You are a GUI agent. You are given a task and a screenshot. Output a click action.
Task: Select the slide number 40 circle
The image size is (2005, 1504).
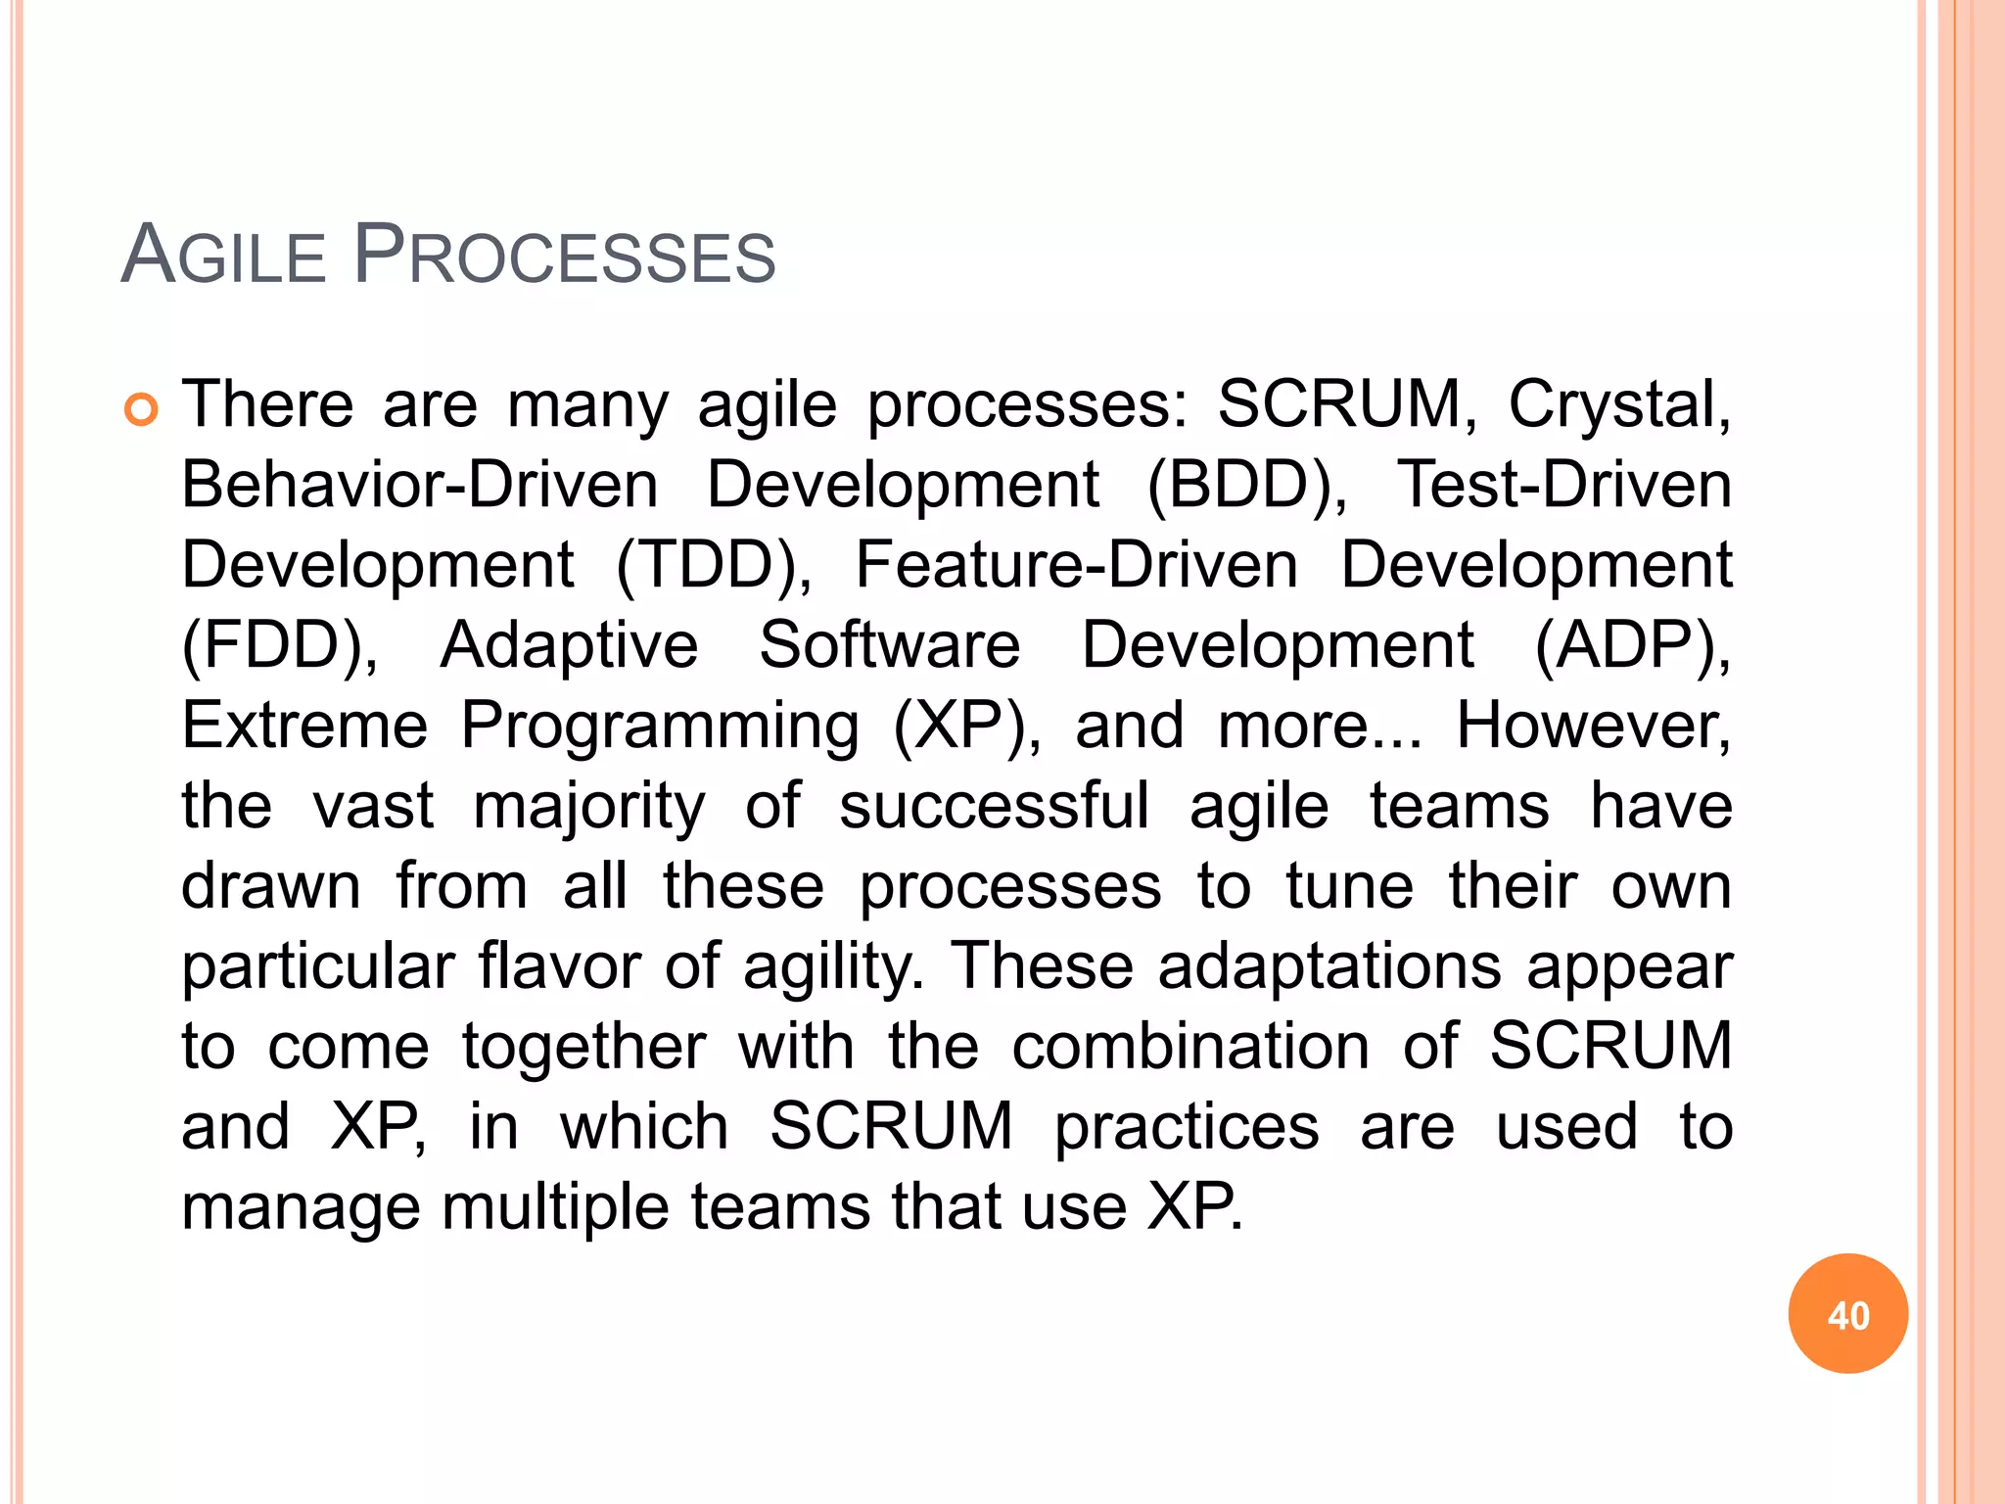(x=1847, y=1314)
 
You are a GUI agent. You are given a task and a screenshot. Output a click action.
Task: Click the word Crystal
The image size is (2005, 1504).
(x=1618, y=405)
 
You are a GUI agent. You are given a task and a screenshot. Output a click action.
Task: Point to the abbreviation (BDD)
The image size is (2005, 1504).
(x=1246, y=486)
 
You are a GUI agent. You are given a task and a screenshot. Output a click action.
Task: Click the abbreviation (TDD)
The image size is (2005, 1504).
(x=714, y=566)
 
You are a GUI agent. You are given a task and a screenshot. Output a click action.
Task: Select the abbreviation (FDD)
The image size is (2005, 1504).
(x=280, y=646)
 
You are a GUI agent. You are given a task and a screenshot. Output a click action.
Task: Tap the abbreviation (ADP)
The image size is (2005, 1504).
(x=1632, y=646)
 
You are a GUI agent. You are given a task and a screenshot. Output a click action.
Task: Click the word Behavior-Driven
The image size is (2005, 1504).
(x=420, y=486)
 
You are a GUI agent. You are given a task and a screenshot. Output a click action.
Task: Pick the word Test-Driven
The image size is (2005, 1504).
(x=1563, y=486)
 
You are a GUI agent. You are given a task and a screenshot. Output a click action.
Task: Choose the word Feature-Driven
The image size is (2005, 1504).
(x=1076, y=566)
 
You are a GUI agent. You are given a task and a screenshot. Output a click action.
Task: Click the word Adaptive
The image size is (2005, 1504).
(x=569, y=646)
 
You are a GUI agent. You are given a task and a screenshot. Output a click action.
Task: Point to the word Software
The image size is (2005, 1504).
(x=889, y=646)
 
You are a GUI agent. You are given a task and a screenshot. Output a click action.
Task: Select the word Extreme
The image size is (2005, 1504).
(x=304, y=727)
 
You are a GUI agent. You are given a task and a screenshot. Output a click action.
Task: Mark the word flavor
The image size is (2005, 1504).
(x=558, y=967)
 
